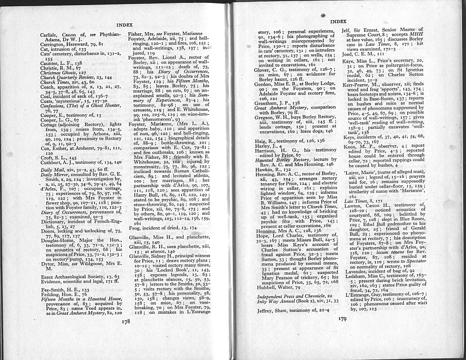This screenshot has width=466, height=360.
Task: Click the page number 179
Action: pyautogui.click(x=342, y=334)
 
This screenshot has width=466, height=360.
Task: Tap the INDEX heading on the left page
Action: pyautogui.click(x=124, y=26)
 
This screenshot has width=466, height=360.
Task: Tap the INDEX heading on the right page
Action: pyautogui.click(x=337, y=21)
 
